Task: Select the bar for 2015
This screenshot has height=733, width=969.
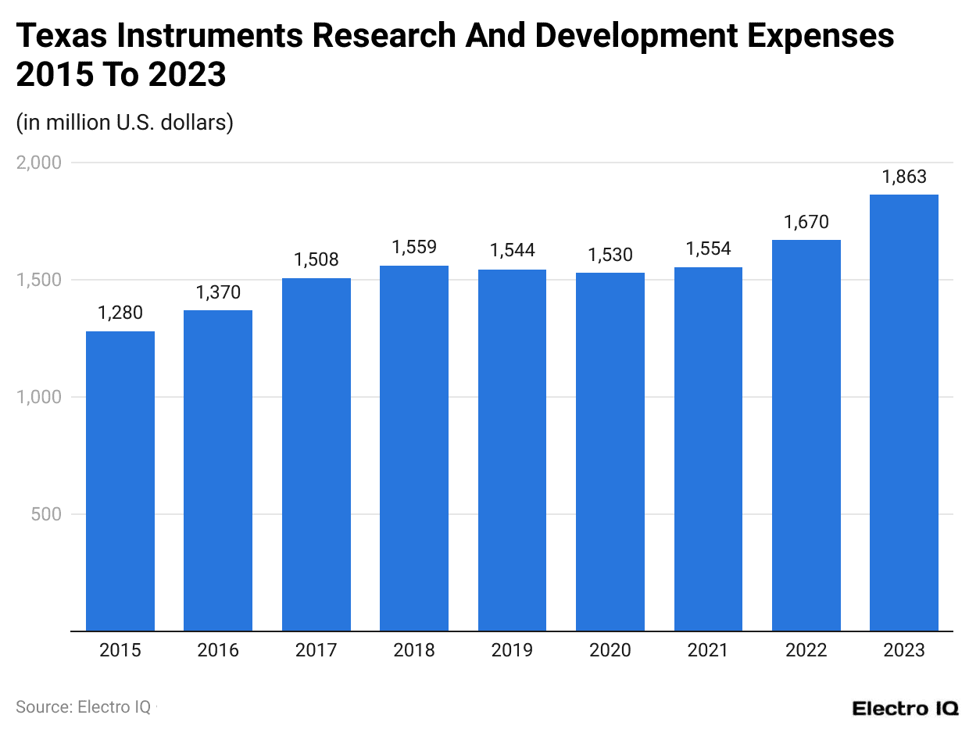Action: pos(120,481)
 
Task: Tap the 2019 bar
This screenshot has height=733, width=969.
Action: pos(512,450)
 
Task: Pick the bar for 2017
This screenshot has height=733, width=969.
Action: pos(316,454)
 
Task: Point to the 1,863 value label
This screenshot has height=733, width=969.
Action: pos(904,177)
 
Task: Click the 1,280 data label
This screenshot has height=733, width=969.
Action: pos(120,313)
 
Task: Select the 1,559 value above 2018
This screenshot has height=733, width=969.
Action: pos(414,248)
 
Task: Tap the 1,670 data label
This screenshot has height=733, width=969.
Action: pos(806,222)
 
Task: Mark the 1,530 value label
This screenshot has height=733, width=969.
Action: pos(610,255)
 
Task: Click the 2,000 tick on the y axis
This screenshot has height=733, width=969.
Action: pos(39,163)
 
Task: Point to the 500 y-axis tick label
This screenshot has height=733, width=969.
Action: pos(47,514)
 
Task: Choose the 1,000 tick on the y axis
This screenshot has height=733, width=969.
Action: pos(39,397)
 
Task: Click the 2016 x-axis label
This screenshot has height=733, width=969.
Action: pos(218,650)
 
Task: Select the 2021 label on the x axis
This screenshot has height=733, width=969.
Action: pos(708,650)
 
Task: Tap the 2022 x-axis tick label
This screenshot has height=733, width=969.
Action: pos(806,650)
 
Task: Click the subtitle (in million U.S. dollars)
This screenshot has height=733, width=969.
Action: pos(124,123)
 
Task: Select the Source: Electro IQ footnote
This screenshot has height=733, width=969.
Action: pos(84,706)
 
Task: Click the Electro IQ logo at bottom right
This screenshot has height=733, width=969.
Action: pos(905,708)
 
